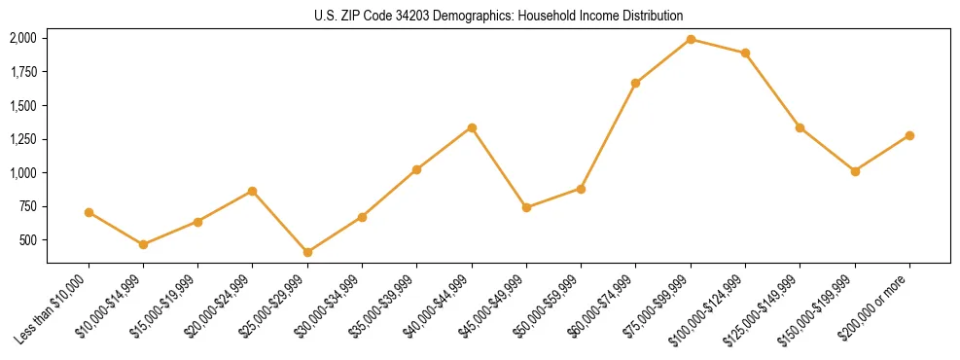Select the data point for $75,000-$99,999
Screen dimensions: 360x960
pyautogui.click(x=691, y=39)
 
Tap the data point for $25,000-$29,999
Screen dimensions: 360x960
pyautogui.click(x=307, y=252)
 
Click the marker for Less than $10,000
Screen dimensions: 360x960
pyautogui.click(x=89, y=212)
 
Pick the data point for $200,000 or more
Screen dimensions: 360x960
pyautogui.click(x=909, y=135)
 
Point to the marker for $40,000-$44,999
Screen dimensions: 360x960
pyautogui.click(x=472, y=127)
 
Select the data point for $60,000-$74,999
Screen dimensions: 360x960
pyautogui.click(x=635, y=83)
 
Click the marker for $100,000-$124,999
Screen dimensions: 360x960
pyautogui.click(x=745, y=53)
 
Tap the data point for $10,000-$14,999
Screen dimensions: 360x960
pyautogui.click(x=143, y=244)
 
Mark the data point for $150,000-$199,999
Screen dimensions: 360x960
pyautogui.click(x=855, y=171)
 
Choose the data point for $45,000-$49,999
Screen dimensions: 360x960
pyautogui.click(x=526, y=207)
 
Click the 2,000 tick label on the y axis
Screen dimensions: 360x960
pyautogui.click(x=23, y=38)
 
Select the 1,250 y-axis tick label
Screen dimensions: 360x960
pyautogui.click(x=23, y=139)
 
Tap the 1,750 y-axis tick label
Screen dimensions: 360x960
pyautogui.click(x=23, y=72)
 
